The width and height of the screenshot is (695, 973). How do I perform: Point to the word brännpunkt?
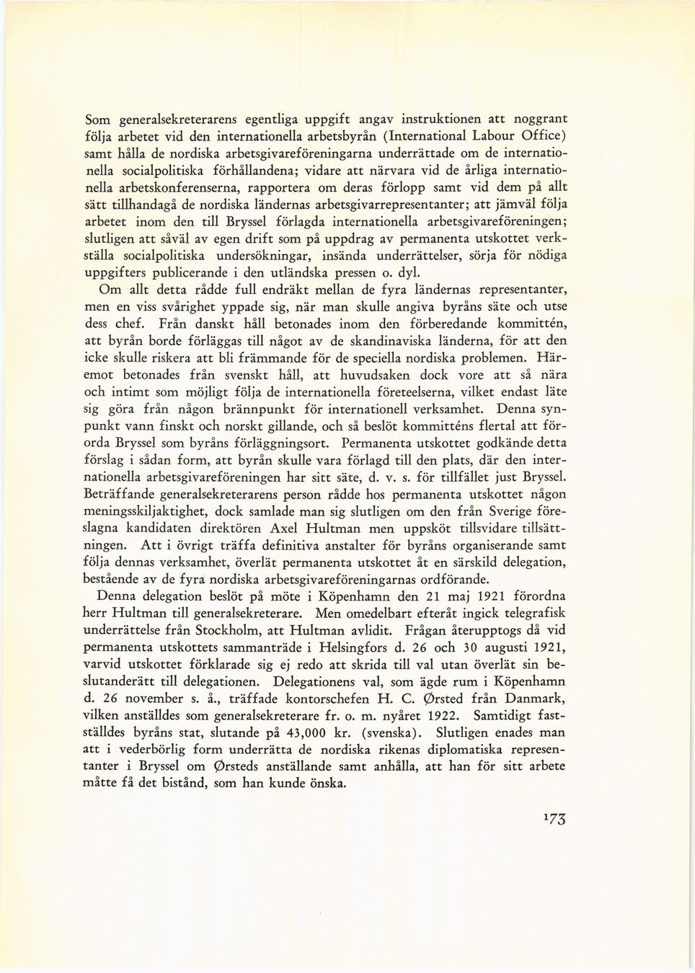pyautogui.click(x=243, y=409)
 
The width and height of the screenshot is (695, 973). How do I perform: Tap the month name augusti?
pyautogui.click(x=505, y=647)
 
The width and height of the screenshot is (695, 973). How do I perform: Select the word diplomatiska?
pyautogui.click(x=482, y=749)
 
